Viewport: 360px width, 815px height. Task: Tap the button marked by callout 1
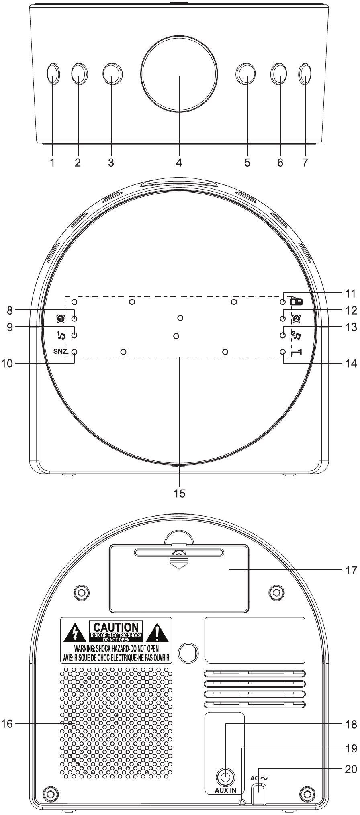point(53,74)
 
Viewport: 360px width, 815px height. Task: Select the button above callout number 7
point(305,74)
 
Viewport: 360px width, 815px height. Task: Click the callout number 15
point(180,493)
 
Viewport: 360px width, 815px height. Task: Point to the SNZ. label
point(61,351)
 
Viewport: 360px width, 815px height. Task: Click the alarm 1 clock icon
point(61,319)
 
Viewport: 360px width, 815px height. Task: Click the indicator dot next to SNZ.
point(74,352)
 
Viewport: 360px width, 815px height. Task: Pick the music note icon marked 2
point(297,335)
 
